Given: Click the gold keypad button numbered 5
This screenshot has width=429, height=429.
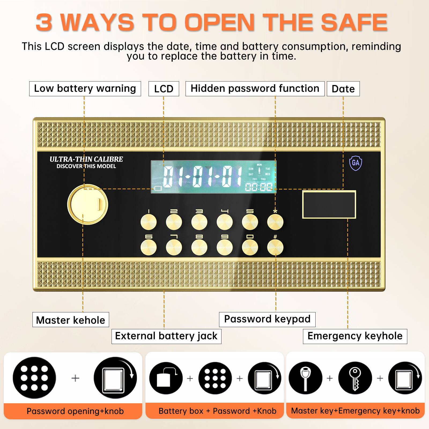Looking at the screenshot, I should [250, 222].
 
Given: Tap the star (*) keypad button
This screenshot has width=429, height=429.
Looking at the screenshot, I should [275, 222].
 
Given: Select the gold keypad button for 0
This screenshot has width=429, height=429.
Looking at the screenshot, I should [250, 247].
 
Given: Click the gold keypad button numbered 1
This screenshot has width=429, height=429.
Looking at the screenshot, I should [149, 222].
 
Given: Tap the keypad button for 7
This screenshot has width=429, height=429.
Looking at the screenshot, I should [174, 247].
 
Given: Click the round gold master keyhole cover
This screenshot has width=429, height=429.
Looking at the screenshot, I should [88, 204].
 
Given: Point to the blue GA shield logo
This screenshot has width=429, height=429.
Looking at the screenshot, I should [356, 163].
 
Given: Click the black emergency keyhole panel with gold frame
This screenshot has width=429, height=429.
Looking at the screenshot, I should [329, 205].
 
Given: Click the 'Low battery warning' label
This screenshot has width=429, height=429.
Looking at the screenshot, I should [85, 88].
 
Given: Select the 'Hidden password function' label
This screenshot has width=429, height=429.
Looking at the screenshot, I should [255, 88].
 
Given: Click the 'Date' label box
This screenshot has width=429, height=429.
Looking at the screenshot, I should [343, 89].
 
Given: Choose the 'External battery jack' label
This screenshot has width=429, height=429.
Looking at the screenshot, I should [166, 336].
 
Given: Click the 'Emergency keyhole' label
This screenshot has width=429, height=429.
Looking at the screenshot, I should [355, 336].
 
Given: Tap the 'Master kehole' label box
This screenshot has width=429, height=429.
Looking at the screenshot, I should [71, 320].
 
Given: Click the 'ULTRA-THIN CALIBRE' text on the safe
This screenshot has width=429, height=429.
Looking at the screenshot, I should [86, 159].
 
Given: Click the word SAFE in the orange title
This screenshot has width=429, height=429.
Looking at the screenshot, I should [354, 22].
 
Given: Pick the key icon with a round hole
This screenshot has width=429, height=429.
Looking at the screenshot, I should [355, 378].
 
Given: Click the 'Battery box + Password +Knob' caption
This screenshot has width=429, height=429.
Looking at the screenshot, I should [217, 411].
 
